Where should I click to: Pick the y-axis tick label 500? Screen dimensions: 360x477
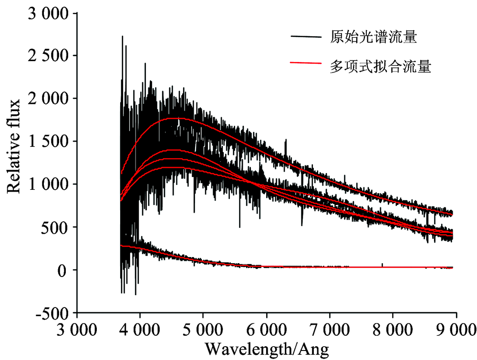56,227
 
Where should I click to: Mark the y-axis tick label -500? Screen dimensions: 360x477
53,313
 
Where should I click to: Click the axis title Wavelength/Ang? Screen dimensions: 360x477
267,350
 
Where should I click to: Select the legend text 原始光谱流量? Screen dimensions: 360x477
373,37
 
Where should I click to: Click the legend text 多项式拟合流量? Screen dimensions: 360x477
380,67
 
